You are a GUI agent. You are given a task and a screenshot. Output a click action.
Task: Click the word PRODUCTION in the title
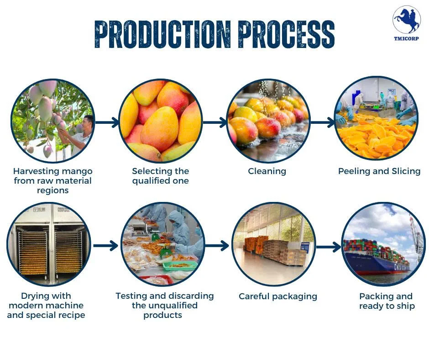[162, 34]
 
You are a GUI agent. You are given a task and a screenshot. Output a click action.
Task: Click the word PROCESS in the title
[286, 34]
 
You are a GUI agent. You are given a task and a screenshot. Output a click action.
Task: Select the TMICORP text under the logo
[406, 38]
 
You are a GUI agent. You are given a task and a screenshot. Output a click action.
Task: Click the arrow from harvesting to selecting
[107, 122]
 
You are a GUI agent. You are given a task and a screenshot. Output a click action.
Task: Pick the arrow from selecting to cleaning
[215, 122]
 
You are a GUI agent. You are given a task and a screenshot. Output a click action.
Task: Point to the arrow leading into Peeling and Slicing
[323, 122]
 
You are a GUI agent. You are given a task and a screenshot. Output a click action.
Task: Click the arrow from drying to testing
[105, 245]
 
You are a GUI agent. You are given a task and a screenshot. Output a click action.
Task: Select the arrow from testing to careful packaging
[217, 245]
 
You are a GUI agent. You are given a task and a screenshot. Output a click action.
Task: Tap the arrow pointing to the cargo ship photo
[329, 247]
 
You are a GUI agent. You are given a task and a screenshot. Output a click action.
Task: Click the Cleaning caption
[267, 171]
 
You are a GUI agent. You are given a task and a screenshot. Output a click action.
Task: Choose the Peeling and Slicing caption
[379, 171]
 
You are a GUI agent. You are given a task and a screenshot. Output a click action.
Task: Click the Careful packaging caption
[278, 296]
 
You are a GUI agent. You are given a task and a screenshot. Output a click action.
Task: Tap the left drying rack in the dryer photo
[33, 252]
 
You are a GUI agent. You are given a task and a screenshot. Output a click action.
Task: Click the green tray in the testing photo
[183, 265]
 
